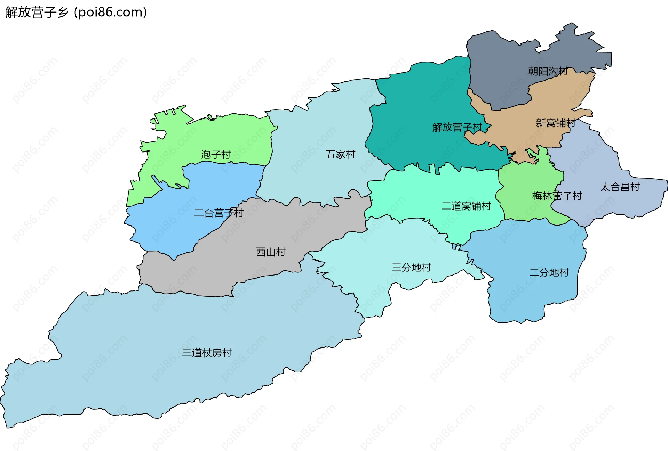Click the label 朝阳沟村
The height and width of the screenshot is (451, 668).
click(x=548, y=72)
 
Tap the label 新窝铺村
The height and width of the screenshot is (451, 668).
click(x=555, y=123)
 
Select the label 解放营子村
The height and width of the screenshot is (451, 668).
click(x=457, y=128)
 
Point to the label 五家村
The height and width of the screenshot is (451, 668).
click(x=340, y=155)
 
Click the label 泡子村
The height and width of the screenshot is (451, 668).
click(x=216, y=155)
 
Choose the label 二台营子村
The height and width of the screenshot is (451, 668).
click(x=218, y=213)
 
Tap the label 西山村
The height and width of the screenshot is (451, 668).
click(x=271, y=252)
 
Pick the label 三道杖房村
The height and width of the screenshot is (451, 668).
click(x=207, y=353)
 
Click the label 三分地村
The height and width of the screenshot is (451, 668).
click(x=411, y=268)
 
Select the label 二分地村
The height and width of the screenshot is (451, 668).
click(x=549, y=272)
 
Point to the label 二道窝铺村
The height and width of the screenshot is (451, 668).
click(x=466, y=206)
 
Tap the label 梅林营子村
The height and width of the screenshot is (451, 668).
click(x=557, y=196)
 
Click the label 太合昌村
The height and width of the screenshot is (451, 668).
click(x=620, y=187)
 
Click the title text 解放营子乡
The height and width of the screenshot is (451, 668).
click(x=37, y=12)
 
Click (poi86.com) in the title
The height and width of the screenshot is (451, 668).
click(x=110, y=12)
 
